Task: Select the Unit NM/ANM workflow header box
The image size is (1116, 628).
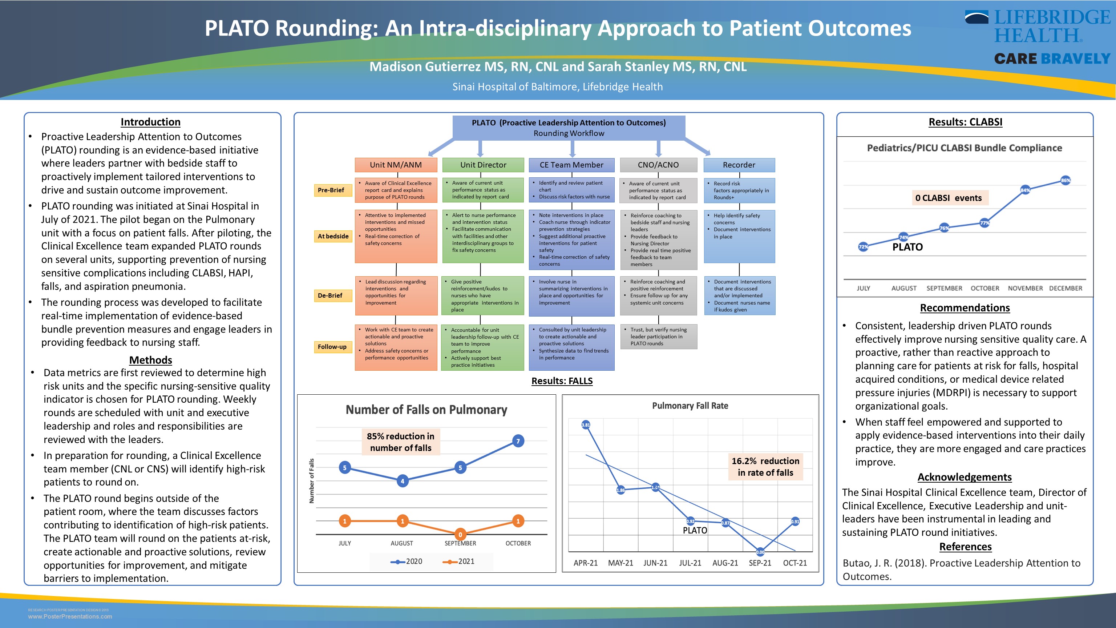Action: pos(396,165)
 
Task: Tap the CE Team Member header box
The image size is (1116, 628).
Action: pos(571,165)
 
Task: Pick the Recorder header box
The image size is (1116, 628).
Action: pos(739,165)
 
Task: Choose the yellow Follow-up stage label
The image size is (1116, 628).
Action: pos(332,347)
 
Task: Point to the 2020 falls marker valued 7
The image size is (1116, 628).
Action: pos(518,441)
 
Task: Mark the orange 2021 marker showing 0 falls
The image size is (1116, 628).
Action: pos(460,534)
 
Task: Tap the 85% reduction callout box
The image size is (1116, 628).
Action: pos(400,442)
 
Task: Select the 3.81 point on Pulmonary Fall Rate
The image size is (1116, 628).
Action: pos(586,425)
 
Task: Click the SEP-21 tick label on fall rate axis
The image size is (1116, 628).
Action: pos(760,563)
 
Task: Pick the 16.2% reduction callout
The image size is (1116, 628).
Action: pos(765,467)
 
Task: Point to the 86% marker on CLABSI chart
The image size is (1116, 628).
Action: pos(1065,180)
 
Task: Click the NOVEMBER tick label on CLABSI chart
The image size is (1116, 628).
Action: pos(1025,288)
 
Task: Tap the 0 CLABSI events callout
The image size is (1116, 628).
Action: pos(948,198)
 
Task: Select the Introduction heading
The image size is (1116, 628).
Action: pos(150,122)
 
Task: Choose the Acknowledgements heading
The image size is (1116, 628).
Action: pos(965,477)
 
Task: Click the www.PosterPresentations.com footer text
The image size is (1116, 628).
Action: pos(70,616)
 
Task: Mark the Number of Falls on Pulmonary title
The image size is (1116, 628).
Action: pos(426,410)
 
